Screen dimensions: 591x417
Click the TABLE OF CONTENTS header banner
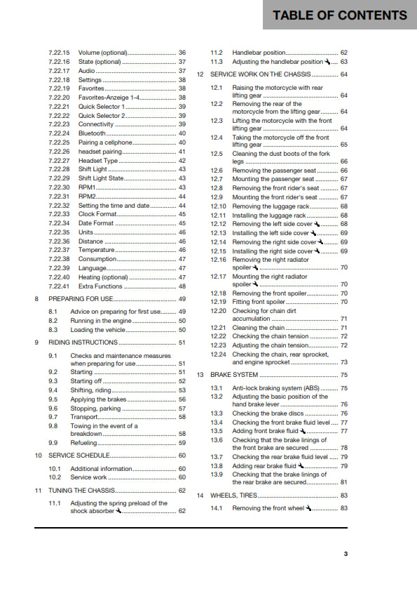pyautogui.click(x=340, y=15)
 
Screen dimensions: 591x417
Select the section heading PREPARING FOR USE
pyautogui.click(x=80, y=298)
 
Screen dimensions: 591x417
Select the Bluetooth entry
pyautogui.click(x=92, y=133)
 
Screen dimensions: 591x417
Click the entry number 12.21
pyautogui.click(x=219, y=328)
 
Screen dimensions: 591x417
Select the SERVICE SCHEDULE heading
pyautogui.click(x=78, y=456)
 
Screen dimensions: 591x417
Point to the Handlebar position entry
pyautogui.click(x=259, y=53)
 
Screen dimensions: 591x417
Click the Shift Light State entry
pyautogui.click(x=101, y=178)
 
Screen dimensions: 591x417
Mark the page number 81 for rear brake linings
pyautogui.click(x=343, y=482)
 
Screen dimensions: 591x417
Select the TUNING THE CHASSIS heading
pyautogui.click(x=82, y=491)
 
